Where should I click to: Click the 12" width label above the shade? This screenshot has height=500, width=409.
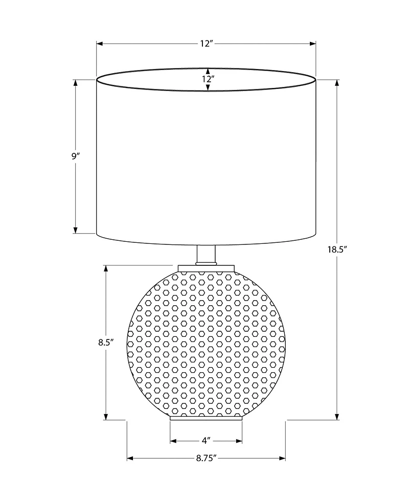pyautogui.click(x=206, y=44)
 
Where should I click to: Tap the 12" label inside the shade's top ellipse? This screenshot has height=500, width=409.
pyautogui.click(x=207, y=79)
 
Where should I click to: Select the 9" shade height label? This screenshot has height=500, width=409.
pyautogui.click(x=76, y=156)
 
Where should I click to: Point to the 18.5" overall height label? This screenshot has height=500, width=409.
pyautogui.click(x=337, y=250)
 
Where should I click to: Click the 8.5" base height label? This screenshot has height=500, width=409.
pyautogui.click(x=105, y=343)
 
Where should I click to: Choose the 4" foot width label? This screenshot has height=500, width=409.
pyautogui.click(x=206, y=440)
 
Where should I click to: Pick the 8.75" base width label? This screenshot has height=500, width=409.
pyautogui.click(x=206, y=458)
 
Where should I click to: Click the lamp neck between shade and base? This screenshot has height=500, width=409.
pyautogui.click(x=206, y=255)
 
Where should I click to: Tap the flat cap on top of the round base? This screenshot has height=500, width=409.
pyautogui.click(x=206, y=268)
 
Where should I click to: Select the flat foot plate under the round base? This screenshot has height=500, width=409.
pyautogui.click(x=206, y=418)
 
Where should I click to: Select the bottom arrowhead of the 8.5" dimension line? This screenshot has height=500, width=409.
pyautogui.click(x=105, y=417)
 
